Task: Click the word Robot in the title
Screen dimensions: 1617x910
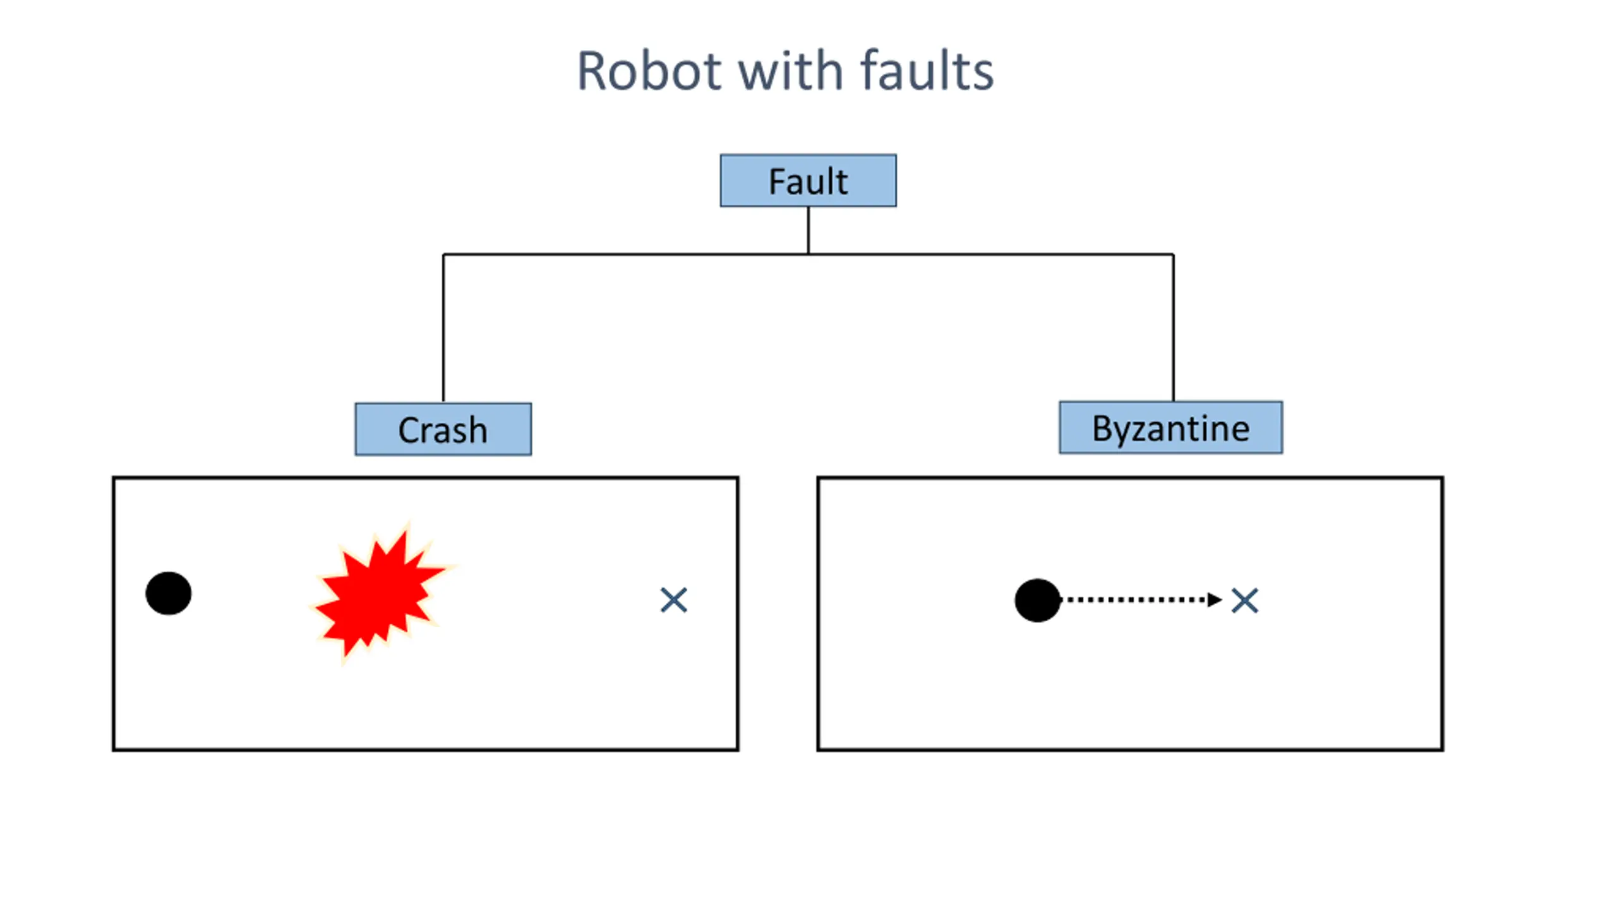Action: pyautogui.click(x=649, y=71)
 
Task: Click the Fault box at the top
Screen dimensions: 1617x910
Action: pyautogui.click(x=808, y=180)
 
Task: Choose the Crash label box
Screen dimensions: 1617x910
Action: pyautogui.click(x=443, y=429)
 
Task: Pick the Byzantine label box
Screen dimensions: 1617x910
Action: pyautogui.click(x=1170, y=427)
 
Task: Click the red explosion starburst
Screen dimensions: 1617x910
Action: pyautogui.click(x=382, y=591)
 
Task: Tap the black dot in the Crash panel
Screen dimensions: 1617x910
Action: pyautogui.click(x=168, y=593)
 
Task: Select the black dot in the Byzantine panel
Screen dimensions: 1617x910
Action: pyautogui.click(x=1037, y=600)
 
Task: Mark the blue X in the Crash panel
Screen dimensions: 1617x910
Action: pyautogui.click(x=673, y=600)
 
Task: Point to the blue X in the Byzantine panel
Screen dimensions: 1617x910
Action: pyautogui.click(x=1244, y=601)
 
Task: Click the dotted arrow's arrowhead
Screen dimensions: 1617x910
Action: pyautogui.click(x=1215, y=600)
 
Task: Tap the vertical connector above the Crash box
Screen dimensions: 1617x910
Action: pyautogui.click(x=443, y=328)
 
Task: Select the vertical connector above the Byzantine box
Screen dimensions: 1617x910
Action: pyautogui.click(x=1173, y=327)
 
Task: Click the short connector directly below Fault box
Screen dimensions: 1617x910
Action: pyautogui.click(x=808, y=230)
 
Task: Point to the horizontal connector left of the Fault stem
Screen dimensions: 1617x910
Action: pyautogui.click(x=625, y=254)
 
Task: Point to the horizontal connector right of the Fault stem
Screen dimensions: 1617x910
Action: pyautogui.click(x=990, y=254)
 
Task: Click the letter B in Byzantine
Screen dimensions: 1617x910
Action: pyautogui.click(x=1103, y=428)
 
